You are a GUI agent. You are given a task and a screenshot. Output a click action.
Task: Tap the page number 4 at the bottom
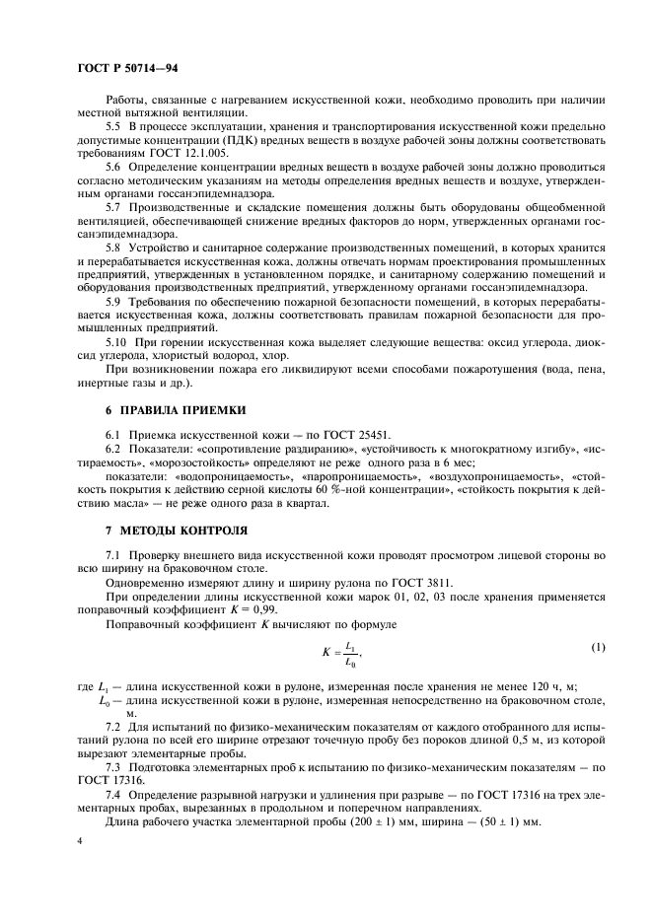pos(80,840)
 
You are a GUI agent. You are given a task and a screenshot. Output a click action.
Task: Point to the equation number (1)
pos(597,647)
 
